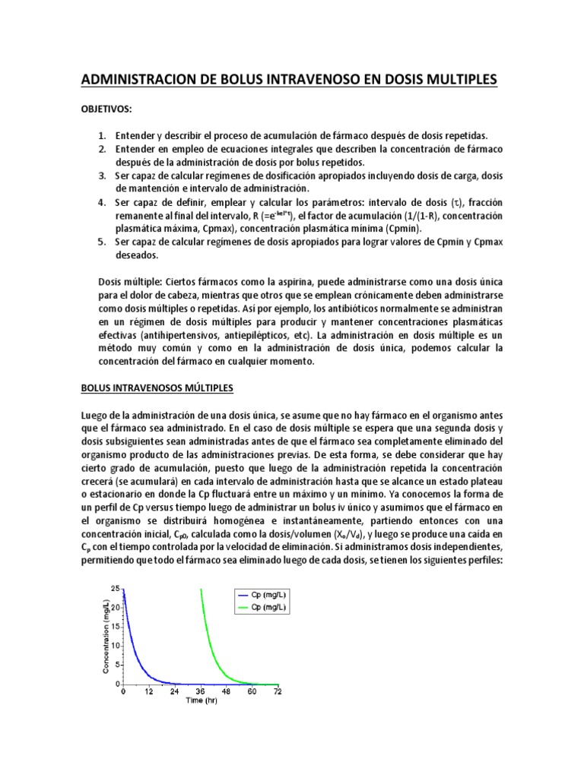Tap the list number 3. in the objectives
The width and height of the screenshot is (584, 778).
click(102, 176)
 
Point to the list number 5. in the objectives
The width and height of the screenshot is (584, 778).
click(102, 242)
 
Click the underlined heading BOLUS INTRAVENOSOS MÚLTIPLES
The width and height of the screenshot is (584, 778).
click(157, 387)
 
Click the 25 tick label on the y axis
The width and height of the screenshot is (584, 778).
click(114, 589)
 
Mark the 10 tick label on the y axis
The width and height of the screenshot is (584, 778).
click(114, 646)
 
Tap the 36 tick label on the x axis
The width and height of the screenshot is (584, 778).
click(200, 692)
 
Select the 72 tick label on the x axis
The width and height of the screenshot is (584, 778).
click(277, 692)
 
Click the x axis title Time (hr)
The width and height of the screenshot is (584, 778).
click(201, 701)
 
